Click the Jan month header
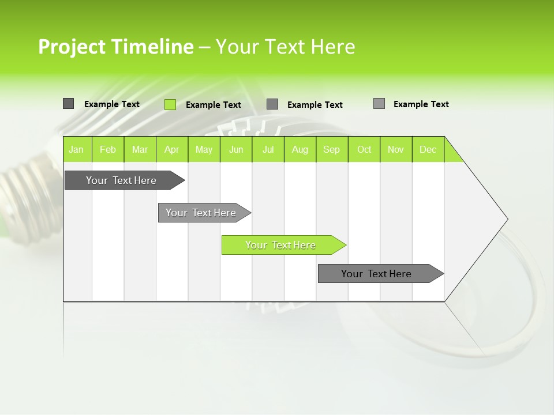point(77,149)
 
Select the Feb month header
point(108,149)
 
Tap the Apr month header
point(172,149)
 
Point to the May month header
point(204,149)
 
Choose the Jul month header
point(268,149)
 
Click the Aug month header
point(300,149)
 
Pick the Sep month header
point(332,149)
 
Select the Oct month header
point(364,149)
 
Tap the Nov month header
point(396,149)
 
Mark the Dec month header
point(428,149)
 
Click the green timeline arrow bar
point(283,245)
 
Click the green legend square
point(170,104)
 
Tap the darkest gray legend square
point(68,104)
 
